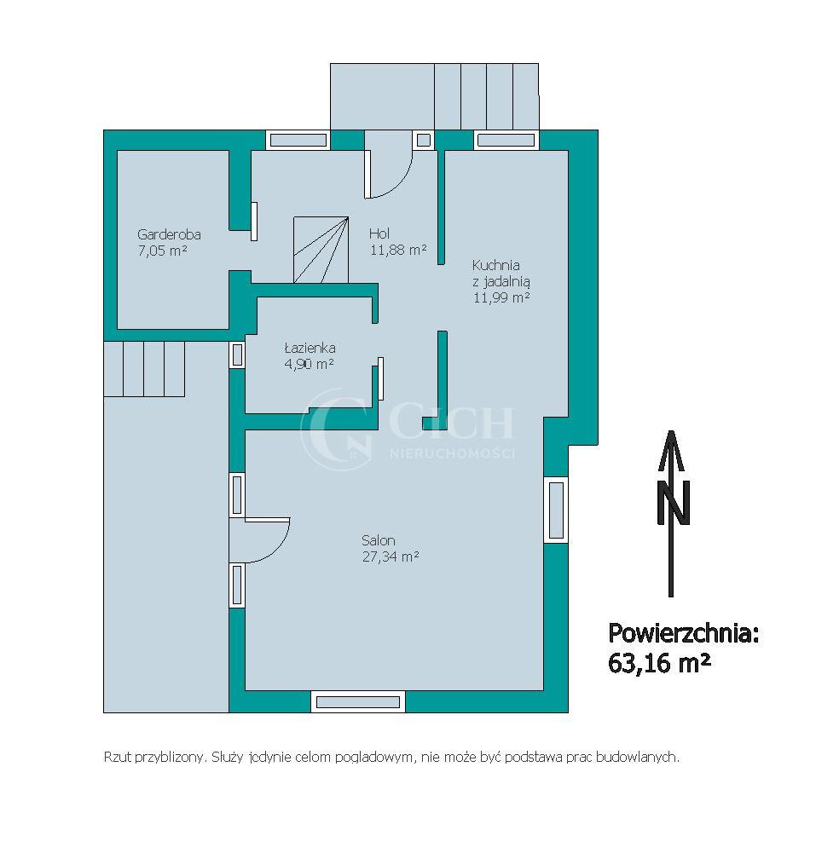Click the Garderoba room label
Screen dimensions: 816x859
[169, 234]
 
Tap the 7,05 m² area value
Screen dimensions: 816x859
[163, 251]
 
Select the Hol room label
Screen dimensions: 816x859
[379, 233]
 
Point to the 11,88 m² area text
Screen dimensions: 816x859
[398, 250]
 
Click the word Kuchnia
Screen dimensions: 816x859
[496, 265]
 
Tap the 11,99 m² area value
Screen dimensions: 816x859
[501, 297]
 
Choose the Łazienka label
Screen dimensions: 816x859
[310, 348]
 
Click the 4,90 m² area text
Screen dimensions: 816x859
[309, 364]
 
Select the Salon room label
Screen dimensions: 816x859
[378, 540]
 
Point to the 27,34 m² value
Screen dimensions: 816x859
[391, 556]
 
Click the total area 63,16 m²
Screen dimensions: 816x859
[659, 663]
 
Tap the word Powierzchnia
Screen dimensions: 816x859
[683, 633]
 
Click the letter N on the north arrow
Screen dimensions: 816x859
[674, 504]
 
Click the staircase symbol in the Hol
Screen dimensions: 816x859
[321, 250]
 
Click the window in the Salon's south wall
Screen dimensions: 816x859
[358, 702]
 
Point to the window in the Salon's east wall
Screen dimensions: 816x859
[556, 510]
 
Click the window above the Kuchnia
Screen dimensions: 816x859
[506, 141]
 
